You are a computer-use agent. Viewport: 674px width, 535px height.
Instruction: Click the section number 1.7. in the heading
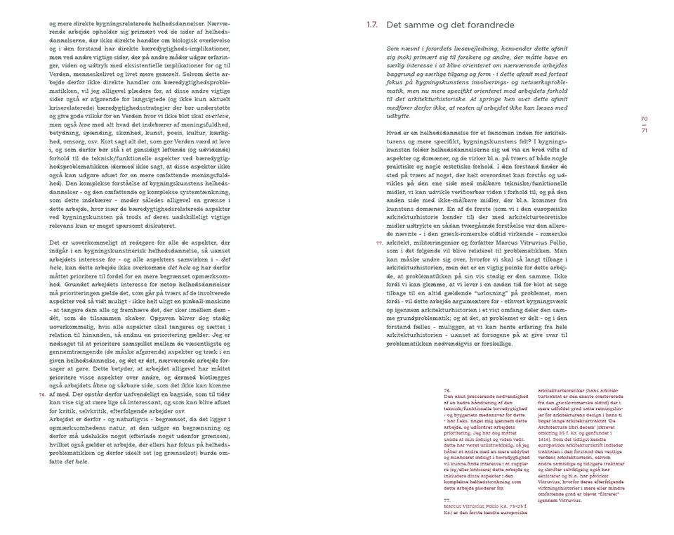(x=372, y=25)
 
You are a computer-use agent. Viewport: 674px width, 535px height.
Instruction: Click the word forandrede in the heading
(x=477, y=25)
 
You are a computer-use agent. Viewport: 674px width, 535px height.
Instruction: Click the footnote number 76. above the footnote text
(x=447, y=389)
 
